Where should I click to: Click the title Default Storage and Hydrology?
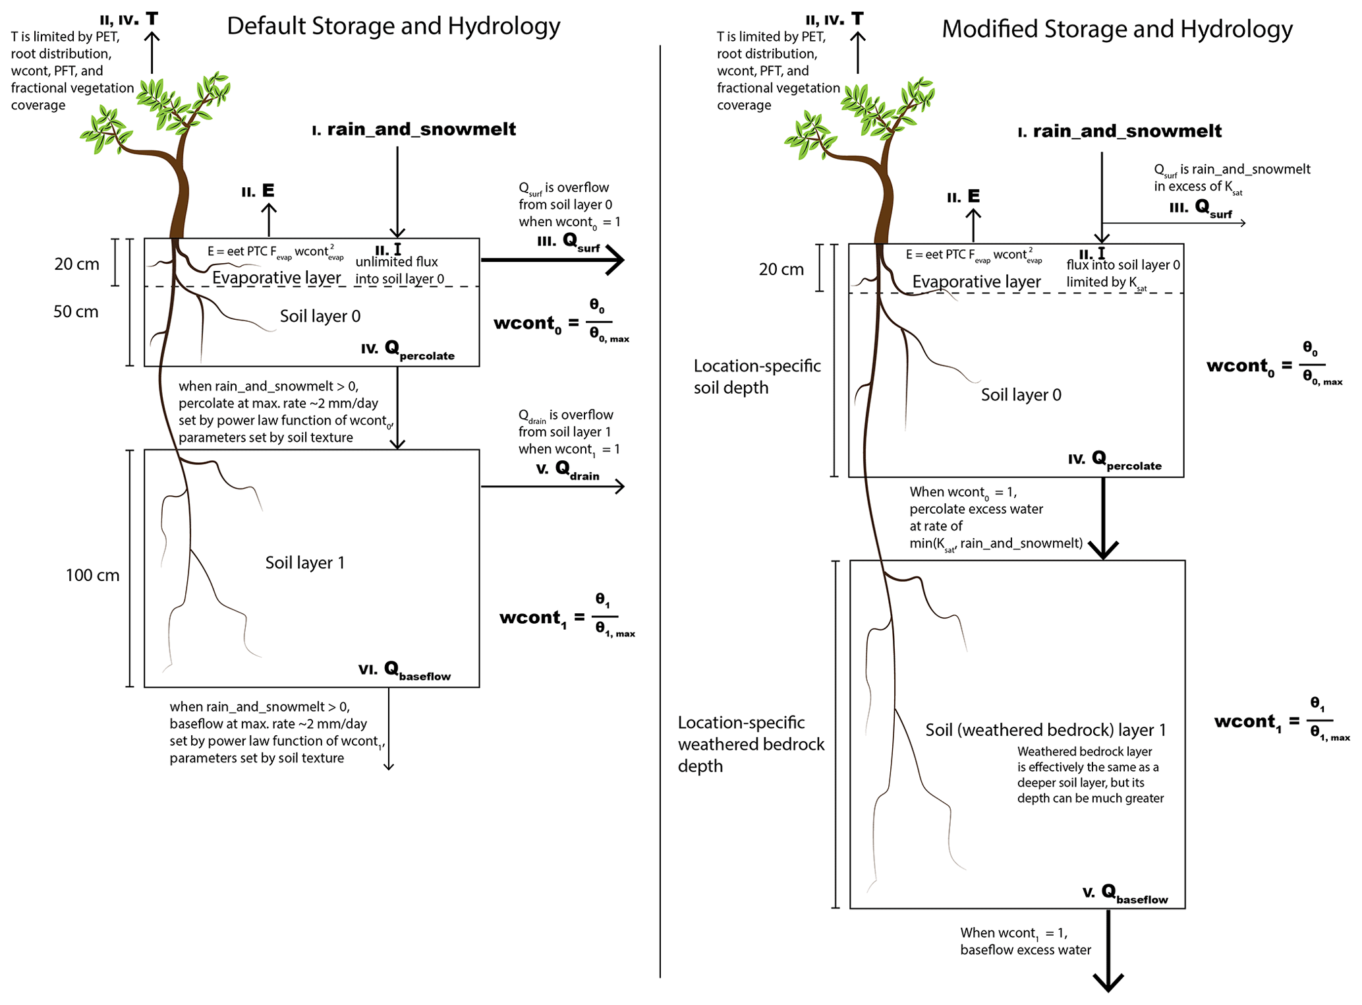[393, 26]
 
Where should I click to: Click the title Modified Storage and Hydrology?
[1116, 29]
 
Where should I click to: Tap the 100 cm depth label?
[92, 575]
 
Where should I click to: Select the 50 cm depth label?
[76, 311]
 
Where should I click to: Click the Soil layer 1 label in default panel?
[304, 563]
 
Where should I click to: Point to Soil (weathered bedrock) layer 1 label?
[1045, 730]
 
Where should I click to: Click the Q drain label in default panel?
[568, 470]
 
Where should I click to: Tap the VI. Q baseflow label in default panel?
[405, 671]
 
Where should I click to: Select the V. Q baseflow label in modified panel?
[1125, 894]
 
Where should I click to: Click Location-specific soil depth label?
[756, 377]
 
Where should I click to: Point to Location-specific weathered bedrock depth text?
[751, 744]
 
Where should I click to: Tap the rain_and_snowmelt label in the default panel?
[414, 129]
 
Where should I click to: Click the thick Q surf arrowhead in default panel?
[615, 260]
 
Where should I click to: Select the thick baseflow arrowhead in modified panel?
[1108, 983]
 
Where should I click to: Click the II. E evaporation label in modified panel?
[963, 197]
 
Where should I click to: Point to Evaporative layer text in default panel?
[276, 278]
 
